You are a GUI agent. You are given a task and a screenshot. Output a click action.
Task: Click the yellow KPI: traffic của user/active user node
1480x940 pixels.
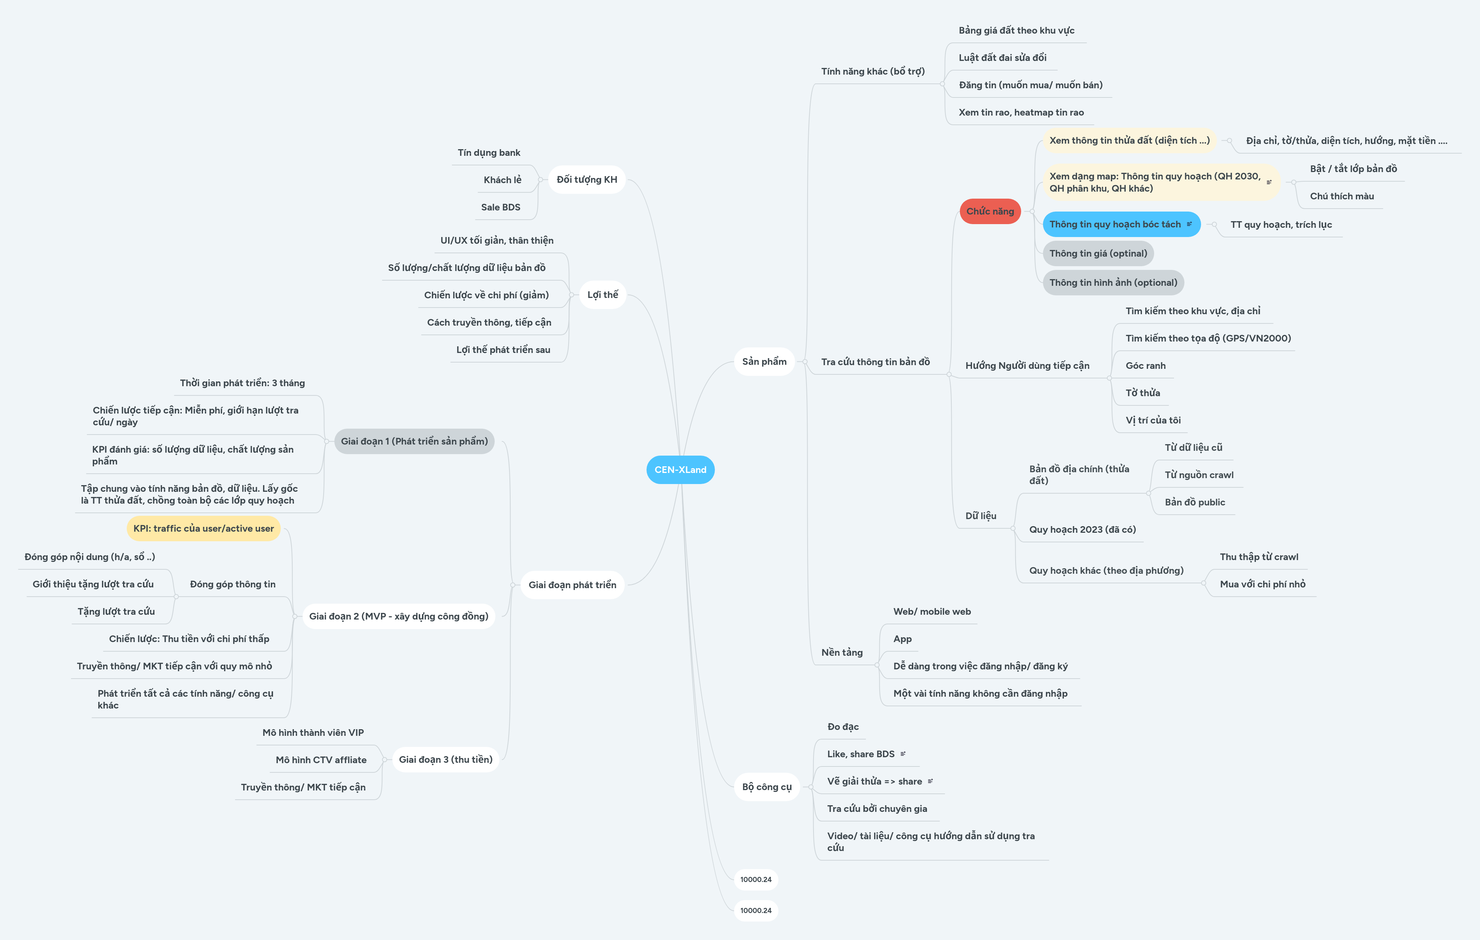pos(204,528)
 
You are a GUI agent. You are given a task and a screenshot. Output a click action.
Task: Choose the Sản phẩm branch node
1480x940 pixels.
pos(764,362)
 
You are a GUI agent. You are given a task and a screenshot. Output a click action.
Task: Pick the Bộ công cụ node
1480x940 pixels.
pos(767,787)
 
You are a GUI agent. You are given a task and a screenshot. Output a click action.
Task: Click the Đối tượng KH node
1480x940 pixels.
pos(586,179)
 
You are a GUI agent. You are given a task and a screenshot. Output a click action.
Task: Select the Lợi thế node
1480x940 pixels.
pos(602,295)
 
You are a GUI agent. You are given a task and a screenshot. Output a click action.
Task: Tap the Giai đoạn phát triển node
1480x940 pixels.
pos(572,585)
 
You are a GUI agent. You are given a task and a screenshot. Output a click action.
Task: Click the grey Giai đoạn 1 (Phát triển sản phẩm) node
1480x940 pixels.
pos(414,441)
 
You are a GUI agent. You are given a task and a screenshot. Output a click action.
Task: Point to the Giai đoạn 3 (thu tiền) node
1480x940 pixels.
pos(446,759)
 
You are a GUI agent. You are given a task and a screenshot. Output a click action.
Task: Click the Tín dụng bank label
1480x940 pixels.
pos(489,152)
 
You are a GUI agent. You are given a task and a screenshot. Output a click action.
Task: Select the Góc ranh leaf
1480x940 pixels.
pos(1145,366)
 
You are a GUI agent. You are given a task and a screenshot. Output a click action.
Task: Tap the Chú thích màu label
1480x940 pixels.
pos(1342,196)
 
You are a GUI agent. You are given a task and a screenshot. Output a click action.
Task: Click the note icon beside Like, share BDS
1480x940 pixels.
pos(903,754)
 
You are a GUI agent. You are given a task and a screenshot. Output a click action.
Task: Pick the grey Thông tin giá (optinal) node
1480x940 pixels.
pos(1098,254)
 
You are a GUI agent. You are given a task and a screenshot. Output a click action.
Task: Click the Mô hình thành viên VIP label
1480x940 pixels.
pos(313,733)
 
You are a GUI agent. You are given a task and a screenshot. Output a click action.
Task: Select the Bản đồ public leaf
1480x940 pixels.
pos(1194,502)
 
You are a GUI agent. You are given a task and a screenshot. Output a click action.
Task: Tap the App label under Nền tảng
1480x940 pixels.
pos(902,639)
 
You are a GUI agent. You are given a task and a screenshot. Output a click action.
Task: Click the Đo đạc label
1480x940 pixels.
pos(843,727)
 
